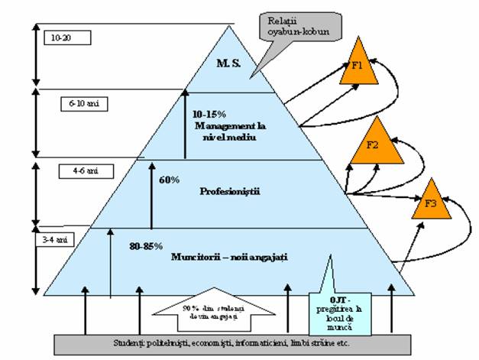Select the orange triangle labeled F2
pos(376,145)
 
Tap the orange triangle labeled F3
pos(430,203)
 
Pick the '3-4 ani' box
pos(55,239)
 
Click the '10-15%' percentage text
pos(209,112)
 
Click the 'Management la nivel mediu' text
pos(227,131)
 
